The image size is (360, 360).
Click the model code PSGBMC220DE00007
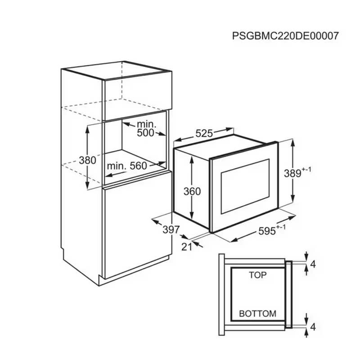[x=285, y=36]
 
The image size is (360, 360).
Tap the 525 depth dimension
[x=204, y=133]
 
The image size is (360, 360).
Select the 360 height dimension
[x=192, y=191]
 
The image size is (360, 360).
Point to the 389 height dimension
[x=292, y=173]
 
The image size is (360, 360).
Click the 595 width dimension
[x=267, y=231]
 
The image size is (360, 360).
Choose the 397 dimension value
[x=171, y=229]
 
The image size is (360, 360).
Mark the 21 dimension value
[x=187, y=247]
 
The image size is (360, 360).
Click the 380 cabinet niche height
[x=87, y=160]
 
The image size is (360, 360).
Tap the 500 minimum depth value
[x=145, y=133]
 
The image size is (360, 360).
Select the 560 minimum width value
[x=138, y=166]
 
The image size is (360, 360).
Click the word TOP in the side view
[x=258, y=275]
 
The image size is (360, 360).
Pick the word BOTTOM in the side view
[x=257, y=314]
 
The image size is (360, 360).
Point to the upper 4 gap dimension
[x=313, y=265]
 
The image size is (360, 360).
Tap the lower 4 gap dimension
[x=313, y=327]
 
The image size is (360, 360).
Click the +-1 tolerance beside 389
[x=306, y=170]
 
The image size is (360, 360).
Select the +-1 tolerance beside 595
[x=281, y=227]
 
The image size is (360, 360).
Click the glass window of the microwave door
[x=245, y=186]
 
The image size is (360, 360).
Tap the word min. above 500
[x=147, y=125]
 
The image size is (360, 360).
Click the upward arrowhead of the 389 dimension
[x=292, y=144]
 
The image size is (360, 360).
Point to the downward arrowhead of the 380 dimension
[x=87, y=185]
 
